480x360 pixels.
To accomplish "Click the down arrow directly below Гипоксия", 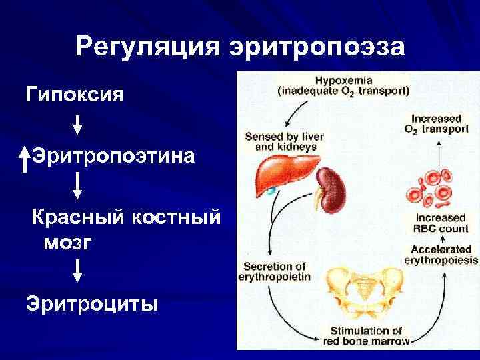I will point(77,125).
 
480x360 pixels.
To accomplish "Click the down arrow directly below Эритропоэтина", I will point(77,185).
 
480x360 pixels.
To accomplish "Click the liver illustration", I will point(282,175).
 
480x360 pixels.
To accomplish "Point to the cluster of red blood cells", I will point(430,188).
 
